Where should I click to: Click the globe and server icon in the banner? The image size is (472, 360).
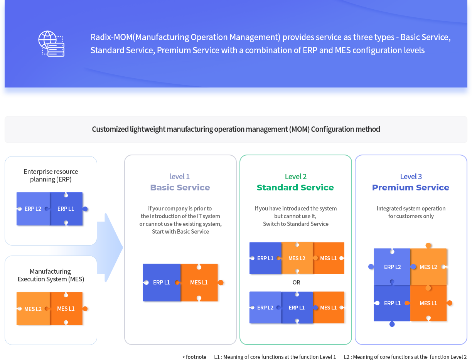pyautogui.click(x=51, y=44)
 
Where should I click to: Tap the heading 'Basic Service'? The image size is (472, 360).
pyautogui.click(x=180, y=187)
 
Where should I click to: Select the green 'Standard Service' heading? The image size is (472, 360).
pyautogui.click(x=295, y=187)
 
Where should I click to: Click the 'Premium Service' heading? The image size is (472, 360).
pyautogui.click(x=411, y=187)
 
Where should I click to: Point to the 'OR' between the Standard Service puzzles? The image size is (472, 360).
pyautogui.click(x=296, y=283)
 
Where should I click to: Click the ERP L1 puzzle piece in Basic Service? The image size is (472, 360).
pyautogui.click(x=162, y=283)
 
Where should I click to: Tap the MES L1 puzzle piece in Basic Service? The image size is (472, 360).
pyautogui.click(x=199, y=283)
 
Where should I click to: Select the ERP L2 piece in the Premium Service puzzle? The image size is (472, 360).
pyautogui.click(x=392, y=267)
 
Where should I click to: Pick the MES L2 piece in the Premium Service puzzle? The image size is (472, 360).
pyautogui.click(x=428, y=267)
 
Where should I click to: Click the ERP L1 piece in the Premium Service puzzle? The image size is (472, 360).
pyautogui.click(x=392, y=303)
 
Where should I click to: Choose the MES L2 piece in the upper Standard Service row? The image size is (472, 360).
pyautogui.click(x=297, y=258)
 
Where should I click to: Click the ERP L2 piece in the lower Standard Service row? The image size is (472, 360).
pyautogui.click(x=265, y=308)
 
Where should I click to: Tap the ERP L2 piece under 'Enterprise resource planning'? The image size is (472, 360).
pyautogui.click(x=33, y=209)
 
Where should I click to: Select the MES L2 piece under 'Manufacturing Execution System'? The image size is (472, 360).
pyautogui.click(x=33, y=309)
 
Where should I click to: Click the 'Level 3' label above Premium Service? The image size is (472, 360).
pyautogui.click(x=411, y=177)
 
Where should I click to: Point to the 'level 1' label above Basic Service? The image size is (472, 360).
pyautogui.click(x=180, y=177)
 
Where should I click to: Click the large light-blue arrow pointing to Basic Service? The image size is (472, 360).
pyautogui.click(x=110, y=247)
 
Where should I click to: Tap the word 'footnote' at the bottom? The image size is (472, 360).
pyautogui.click(x=196, y=357)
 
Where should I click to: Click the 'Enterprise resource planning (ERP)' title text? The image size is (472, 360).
pyautogui.click(x=51, y=175)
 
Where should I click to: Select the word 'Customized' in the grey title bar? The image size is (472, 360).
pyautogui.click(x=110, y=129)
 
